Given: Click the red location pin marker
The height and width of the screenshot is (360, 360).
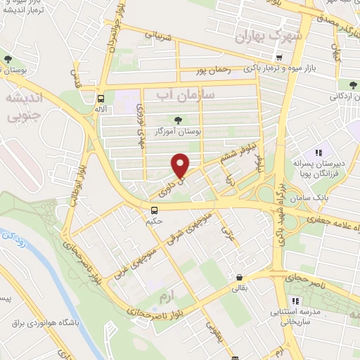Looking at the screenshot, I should click(181, 166).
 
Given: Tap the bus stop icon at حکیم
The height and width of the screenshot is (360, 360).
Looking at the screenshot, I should click(154, 210).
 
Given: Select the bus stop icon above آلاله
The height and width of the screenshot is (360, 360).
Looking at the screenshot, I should click(101, 99).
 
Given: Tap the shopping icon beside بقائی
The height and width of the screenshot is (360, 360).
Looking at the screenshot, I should click(241, 278).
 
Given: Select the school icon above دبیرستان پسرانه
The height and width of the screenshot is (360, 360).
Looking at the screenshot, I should click(319, 152).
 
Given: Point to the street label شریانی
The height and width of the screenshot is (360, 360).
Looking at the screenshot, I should click(157, 34).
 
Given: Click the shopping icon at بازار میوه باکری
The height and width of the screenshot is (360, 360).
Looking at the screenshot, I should click(280, 58).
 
